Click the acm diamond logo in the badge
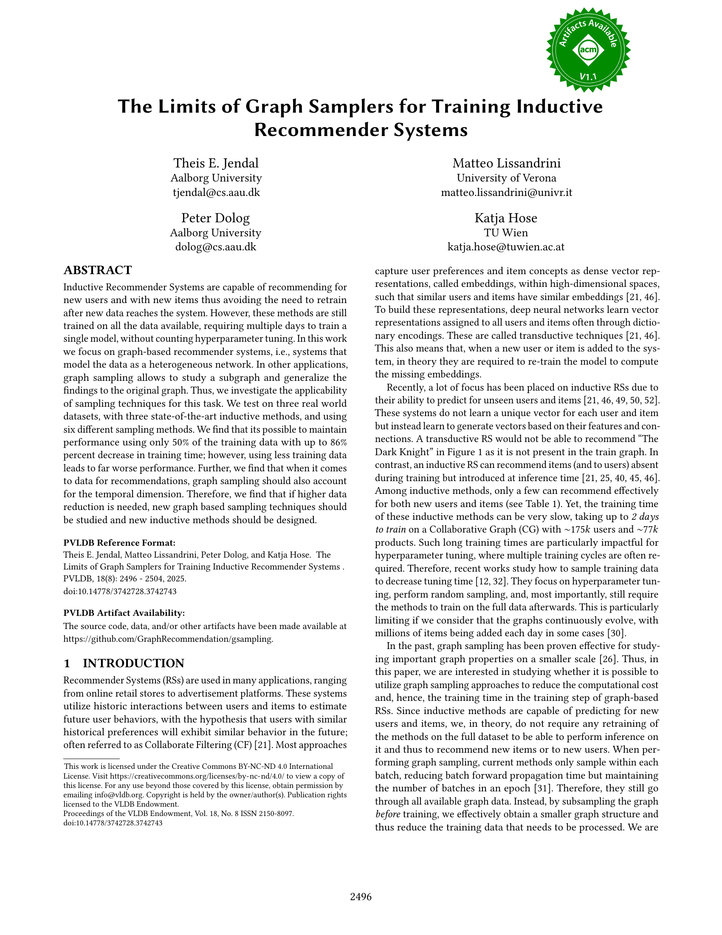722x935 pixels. [588, 50]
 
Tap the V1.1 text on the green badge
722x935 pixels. [588, 77]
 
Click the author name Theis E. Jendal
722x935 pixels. [216, 163]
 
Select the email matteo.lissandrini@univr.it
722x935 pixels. [506, 192]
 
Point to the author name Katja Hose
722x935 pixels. [505, 218]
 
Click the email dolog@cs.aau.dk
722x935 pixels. [216, 247]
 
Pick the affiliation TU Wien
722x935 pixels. [505, 233]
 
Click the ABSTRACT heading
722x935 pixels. [98, 270]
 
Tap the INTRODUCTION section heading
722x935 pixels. [133, 663]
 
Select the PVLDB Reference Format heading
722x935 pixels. [119, 543]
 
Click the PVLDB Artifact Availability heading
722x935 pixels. [124, 612]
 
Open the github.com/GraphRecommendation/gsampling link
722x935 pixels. [168, 639]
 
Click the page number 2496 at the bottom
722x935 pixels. [361, 896]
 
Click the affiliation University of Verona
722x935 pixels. [506, 178]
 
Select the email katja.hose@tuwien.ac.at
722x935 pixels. [505, 247]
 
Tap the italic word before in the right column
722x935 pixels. [387, 814]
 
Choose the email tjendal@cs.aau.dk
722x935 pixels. [216, 192]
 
